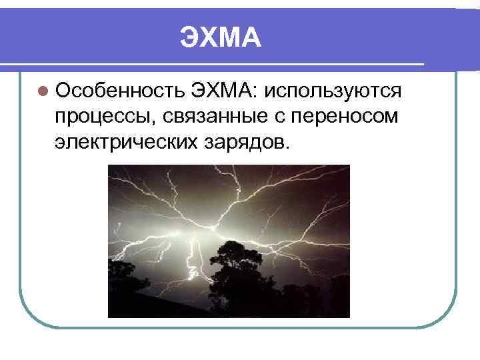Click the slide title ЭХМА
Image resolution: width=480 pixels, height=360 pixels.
click(x=220, y=38)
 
